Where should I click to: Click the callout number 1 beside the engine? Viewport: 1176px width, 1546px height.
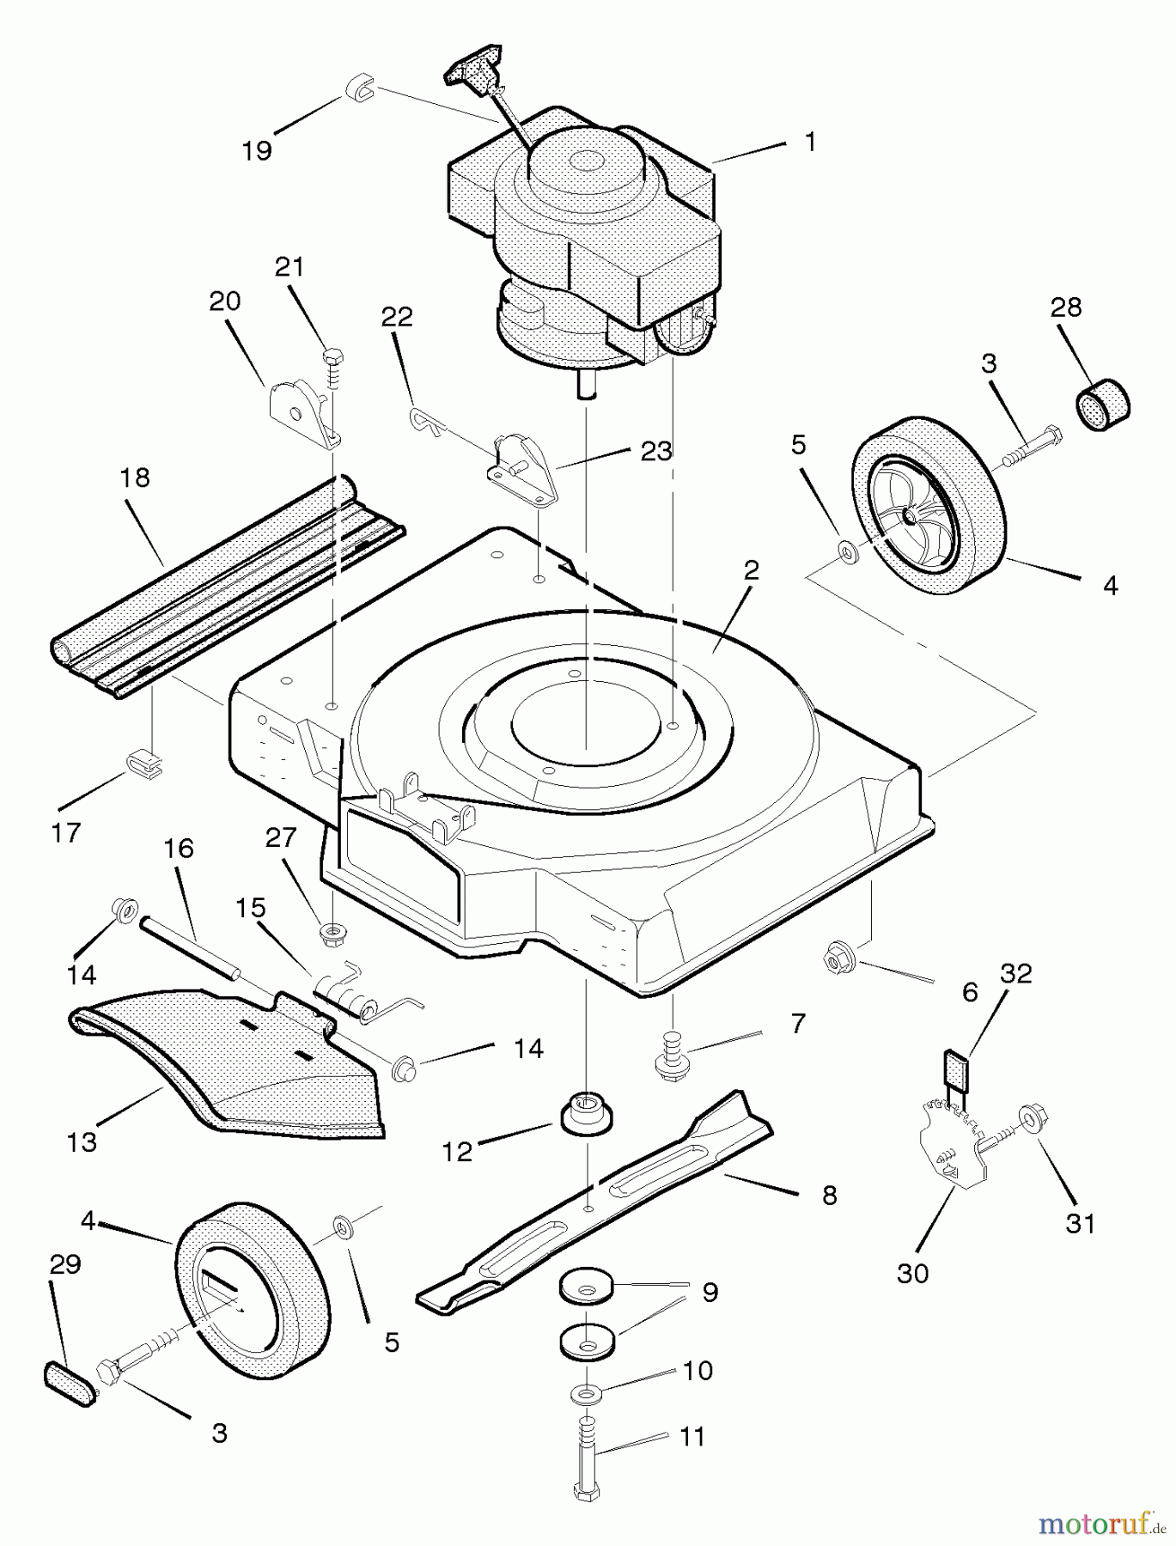[x=810, y=142]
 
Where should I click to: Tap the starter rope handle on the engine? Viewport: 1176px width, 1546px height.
[x=472, y=74]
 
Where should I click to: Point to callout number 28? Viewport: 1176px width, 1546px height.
[x=1066, y=307]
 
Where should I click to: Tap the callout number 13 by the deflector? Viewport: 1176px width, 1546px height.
[x=82, y=1142]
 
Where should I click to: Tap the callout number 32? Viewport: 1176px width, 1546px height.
[x=1016, y=973]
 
